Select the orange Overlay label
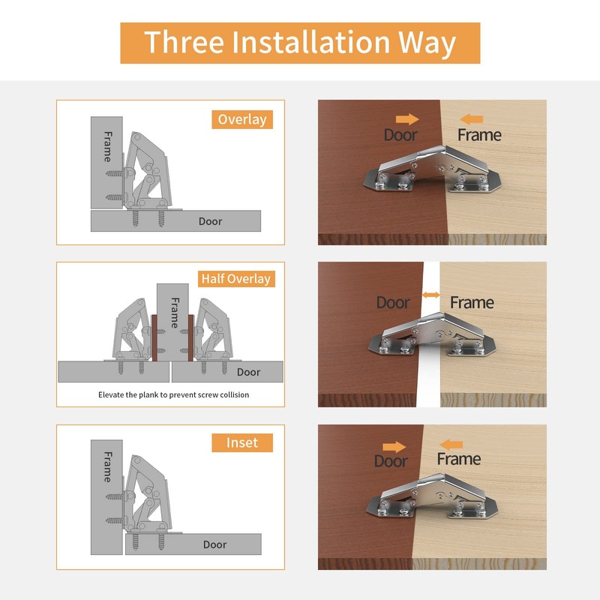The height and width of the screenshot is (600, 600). click(241, 119)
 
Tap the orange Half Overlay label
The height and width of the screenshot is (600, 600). click(235, 279)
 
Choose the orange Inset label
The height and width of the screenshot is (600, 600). click(241, 442)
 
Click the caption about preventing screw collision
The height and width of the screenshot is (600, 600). click(173, 394)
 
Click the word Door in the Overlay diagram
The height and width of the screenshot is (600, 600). click(211, 221)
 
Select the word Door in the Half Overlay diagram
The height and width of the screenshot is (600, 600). click(249, 372)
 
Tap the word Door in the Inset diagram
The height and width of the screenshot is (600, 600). click(215, 544)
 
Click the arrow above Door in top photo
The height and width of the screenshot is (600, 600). click(406, 118)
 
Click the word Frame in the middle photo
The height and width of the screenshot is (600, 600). click(472, 303)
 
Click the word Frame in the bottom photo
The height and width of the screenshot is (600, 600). click(458, 459)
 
